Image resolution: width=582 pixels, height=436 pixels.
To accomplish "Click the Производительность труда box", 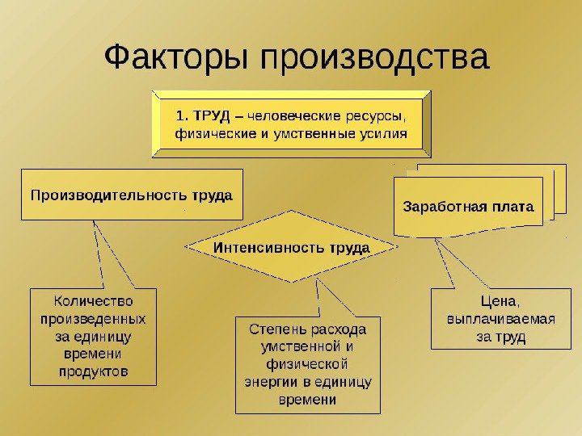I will tap(131, 195).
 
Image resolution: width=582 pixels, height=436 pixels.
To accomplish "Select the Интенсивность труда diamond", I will tap(291, 247).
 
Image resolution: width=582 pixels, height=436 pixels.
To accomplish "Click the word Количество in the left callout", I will tap(94, 301).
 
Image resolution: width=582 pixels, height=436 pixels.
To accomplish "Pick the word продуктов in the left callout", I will tap(94, 372).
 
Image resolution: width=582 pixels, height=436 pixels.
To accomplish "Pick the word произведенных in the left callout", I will tap(94, 319).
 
